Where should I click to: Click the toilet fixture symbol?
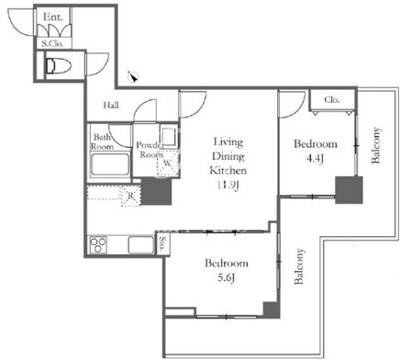(x=58, y=66)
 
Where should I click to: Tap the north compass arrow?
(x=133, y=77)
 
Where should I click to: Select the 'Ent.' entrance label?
(x=53, y=17)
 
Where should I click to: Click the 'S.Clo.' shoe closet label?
(x=53, y=44)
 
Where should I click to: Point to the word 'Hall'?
(x=111, y=106)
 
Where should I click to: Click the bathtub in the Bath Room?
(x=110, y=164)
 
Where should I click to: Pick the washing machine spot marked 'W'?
(x=168, y=163)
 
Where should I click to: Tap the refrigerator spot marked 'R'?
(x=131, y=196)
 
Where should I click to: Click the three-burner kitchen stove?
(x=98, y=245)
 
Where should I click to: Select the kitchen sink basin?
(x=141, y=245)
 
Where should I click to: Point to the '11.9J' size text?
(x=228, y=185)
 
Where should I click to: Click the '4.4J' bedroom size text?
(x=315, y=159)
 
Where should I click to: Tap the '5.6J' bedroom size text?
(x=226, y=278)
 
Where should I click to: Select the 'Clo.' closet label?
(x=332, y=99)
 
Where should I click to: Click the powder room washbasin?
(x=168, y=136)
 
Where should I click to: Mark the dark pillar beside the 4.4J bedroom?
(x=349, y=190)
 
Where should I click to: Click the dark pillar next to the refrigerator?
(x=156, y=191)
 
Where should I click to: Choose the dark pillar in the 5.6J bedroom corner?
(x=272, y=310)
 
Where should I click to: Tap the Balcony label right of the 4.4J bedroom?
(x=376, y=145)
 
